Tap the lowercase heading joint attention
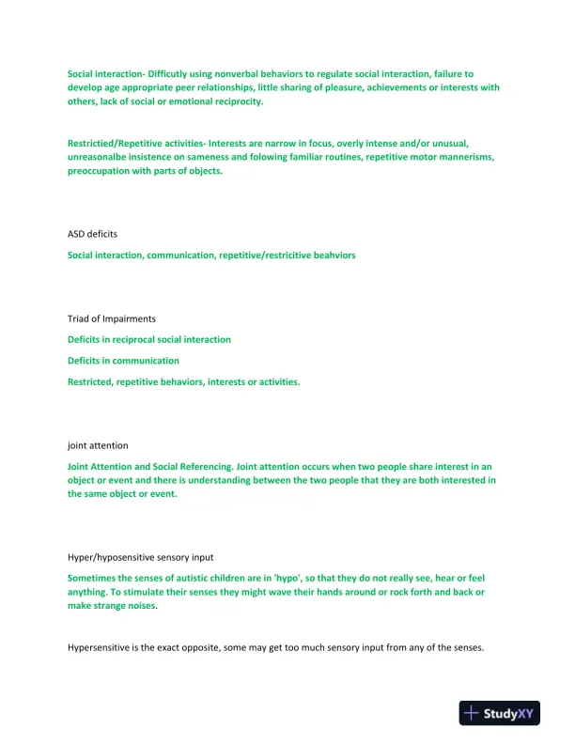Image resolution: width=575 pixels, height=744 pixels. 98,445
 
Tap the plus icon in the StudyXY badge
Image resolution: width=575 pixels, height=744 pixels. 473,714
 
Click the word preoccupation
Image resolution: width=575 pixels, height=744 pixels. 99,172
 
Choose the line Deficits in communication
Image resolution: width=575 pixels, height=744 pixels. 123,361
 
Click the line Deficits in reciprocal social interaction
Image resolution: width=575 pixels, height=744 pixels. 148,339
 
